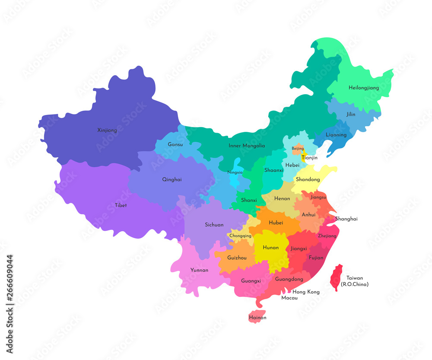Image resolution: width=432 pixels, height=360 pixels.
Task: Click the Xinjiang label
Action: (x=107, y=130)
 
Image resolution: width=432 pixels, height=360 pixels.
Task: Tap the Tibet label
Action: (x=121, y=205)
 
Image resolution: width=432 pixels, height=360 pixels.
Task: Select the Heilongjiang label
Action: (x=364, y=88)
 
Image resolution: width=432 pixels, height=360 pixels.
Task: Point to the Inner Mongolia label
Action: (x=247, y=146)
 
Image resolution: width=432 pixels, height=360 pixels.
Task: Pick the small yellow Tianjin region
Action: (x=304, y=154)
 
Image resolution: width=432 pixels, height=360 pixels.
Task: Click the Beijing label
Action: (x=298, y=148)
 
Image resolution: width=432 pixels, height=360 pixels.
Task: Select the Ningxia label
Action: (x=235, y=172)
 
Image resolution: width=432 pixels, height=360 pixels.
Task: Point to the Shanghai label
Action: (x=346, y=219)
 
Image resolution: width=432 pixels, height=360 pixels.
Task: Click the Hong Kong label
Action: (x=306, y=292)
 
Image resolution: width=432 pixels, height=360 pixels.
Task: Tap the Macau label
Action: (x=289, y=298)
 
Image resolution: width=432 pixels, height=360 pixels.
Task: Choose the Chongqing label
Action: (x=240, y=236)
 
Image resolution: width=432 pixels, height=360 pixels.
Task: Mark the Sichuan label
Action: (x=214, y=225)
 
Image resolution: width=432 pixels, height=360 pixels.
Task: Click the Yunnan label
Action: (x=199, y=270)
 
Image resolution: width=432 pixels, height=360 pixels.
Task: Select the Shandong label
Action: (x=308, y=179)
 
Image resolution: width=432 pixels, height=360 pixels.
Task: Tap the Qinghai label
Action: (x=172, y=179)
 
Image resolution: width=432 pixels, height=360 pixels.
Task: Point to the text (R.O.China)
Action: (x=354, y=284)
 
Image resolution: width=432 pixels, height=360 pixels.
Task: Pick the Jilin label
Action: (x=351, y=115)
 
